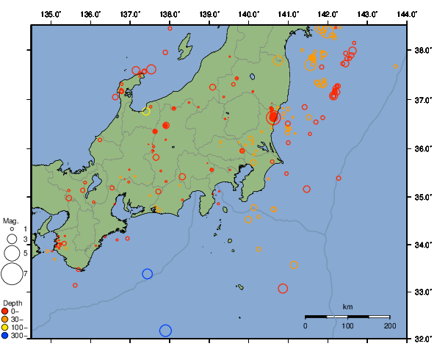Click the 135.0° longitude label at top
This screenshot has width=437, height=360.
51,13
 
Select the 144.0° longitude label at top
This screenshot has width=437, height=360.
408,13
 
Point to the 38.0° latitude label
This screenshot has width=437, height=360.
421,51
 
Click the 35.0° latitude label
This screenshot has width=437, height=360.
421,197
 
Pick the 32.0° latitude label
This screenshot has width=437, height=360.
421,339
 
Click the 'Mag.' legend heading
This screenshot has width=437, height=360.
10,220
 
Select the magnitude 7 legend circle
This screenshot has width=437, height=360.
11,274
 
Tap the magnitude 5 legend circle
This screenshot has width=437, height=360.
11,253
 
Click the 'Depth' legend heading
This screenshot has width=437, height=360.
12,303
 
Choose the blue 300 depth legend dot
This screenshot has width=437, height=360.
7,336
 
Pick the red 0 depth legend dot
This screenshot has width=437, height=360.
7,311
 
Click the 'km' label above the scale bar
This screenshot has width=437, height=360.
347,306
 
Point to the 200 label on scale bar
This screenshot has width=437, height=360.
389,325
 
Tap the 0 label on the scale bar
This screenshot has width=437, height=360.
306,325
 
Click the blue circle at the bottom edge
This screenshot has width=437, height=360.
165,331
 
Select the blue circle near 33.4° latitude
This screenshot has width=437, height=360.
147,274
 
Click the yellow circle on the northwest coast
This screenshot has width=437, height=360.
145,112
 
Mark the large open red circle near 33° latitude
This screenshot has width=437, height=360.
283,288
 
